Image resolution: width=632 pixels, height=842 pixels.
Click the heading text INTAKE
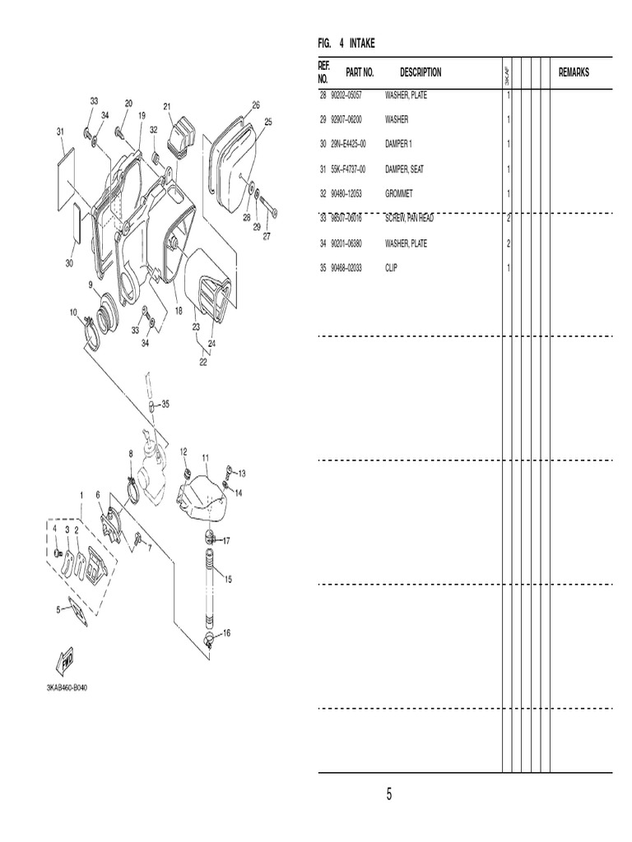[362, 43]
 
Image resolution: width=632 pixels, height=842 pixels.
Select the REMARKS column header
[574, 72]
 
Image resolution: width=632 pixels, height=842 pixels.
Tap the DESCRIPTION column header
[421, 72]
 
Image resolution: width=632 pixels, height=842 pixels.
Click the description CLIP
[391, 268]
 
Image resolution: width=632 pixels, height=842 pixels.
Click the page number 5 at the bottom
[389, 794]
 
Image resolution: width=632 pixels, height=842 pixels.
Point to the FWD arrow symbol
[66, 662]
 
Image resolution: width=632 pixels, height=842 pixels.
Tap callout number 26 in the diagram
[256, 104]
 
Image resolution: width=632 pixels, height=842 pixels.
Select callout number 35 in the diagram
[165, 404]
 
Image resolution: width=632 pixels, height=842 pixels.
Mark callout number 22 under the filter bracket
[203, 361]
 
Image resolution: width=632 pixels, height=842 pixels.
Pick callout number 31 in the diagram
[60, 131]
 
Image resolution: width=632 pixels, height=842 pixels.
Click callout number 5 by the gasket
[58, 609]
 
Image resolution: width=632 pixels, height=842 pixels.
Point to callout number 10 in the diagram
[73, 312]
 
